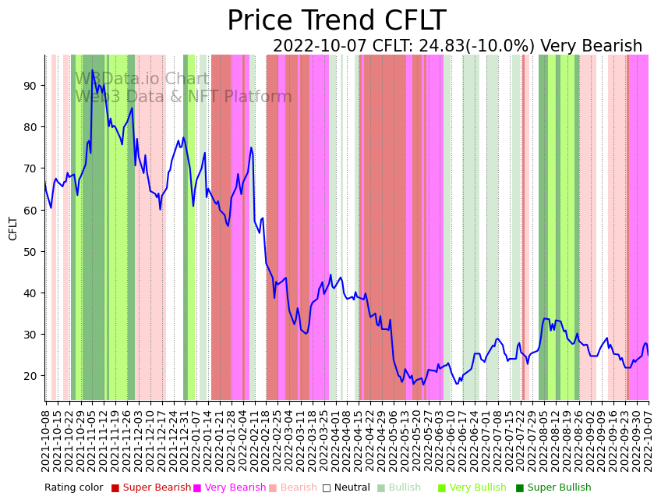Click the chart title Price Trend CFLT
[x=336, y=21]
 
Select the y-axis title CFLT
[x=13, y=228]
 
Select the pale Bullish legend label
[x=405, y=488]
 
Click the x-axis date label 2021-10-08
[x=46, y=437]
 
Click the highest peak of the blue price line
[x=92, y=70]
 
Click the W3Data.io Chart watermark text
[x=142, y=80]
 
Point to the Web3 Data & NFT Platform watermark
[x=183, y=98]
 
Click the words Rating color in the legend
[x=73, y=488]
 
